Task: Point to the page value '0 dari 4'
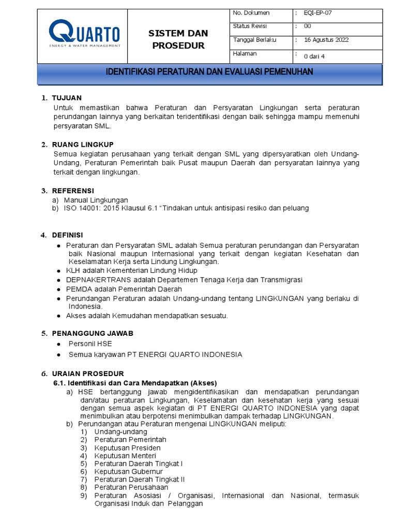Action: pos(315,57)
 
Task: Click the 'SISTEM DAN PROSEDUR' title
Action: pos(178,39)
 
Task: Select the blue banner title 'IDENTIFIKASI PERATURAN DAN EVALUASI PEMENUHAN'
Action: pos(209,72)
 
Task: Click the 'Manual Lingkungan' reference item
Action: pos(96,200)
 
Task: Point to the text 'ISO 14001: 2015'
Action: pos(90,208)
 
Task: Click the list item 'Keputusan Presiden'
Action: pos(127,447)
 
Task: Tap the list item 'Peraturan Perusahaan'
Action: pos(131,488)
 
